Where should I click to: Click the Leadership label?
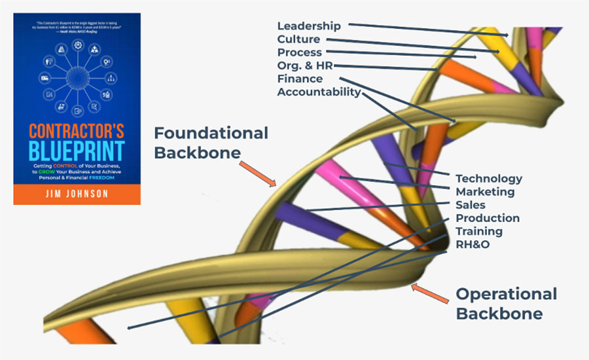pyautogui.click(x=309, y=26)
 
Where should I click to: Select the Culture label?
pyautogui.click(x=298, y=39)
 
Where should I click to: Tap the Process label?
pyautogui.click(x=300, y=52)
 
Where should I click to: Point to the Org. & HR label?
pyautogui.click(x=305, y=65)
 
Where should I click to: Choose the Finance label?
pyautogui.click(x=300, y=79)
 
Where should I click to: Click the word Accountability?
pyautogui.click(x=319, y=92)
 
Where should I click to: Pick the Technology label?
pyautogui.click(x=489, y=178)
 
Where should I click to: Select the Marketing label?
pyautogui.click(x=485, y=192)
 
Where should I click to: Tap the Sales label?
pyautogui.click(x=471, y=205)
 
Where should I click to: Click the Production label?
pyautogui.click(x=488, y=218)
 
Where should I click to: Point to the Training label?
pyautogui.click(x=479, y=231)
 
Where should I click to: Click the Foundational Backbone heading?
pyautogui.click(x=211, y=143)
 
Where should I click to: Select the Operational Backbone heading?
pyautogui.click(x=506, y=303)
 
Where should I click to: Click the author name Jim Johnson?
pyautogui.click(x=77, y=194)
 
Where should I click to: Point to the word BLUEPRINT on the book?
pyautogui.click(x=77, y=151)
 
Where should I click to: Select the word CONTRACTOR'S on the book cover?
pyautogui.click(x=77, y=128)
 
